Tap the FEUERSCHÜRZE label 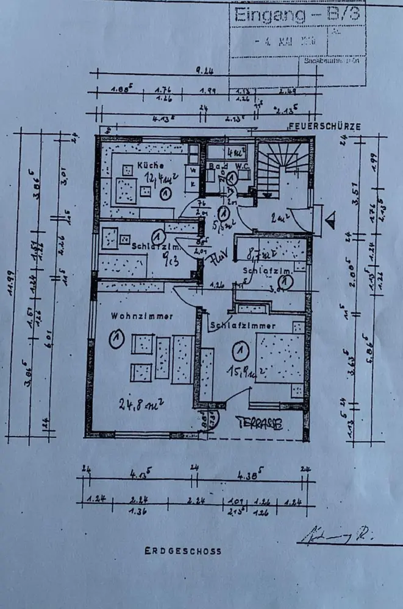click(x=324, y=127)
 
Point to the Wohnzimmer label click(x=143, y=316)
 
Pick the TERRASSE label click(x=259, y=424)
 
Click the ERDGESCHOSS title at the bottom click(x=183, y=551)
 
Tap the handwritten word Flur click(x=219, y=258)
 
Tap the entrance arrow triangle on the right click(x=331, y=219)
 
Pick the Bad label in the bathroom click(x=215, y=165)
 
